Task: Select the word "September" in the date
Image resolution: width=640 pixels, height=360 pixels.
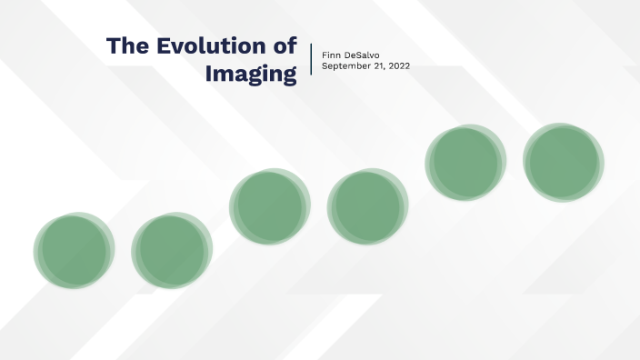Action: [346, 66]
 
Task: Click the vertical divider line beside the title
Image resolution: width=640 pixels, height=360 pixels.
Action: [311, 60]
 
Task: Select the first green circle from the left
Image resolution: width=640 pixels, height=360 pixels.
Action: [74, 250]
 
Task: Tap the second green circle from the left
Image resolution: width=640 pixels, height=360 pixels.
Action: [171, 251]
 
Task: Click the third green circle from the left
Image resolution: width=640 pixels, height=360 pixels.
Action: [269, 206]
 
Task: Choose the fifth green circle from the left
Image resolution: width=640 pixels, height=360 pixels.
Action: [465, 163]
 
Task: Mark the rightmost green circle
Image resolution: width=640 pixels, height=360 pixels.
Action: [564, 163]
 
